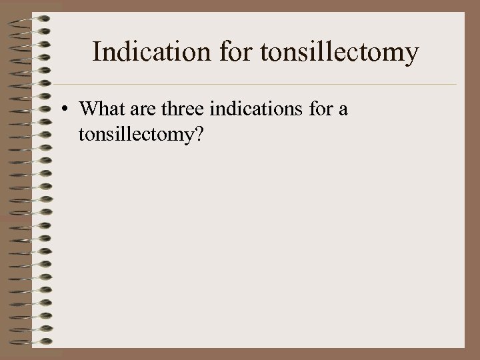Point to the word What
tap(101, 109)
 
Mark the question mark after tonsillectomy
tap(198, 134)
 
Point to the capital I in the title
tap(96, 52)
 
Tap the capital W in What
tap(87, 109)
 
